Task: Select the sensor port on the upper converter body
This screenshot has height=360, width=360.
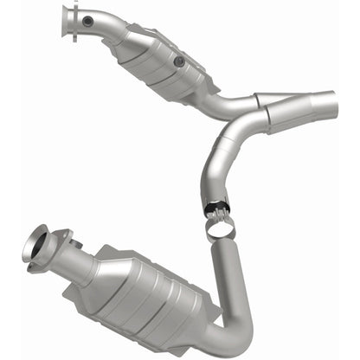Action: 178,61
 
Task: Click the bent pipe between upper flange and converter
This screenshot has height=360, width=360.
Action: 108,31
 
